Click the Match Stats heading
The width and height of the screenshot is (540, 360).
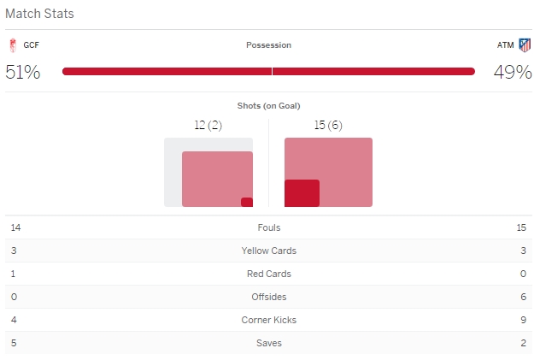(x=39, y=14)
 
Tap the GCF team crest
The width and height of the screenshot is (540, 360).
(x=12, y=45)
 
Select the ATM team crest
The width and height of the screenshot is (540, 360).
(x=525, y=45)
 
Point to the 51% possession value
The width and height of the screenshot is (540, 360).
(x=23, y=72)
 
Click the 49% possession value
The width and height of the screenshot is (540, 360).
(x=513, y=72)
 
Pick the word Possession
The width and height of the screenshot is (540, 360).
(x=268, y=45)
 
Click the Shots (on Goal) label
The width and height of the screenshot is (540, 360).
(x=268, y=105)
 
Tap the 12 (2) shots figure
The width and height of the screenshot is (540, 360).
(x=208, y=126)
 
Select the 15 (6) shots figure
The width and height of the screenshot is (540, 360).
(x=328, y=126)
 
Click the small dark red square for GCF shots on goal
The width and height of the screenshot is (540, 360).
(x=247, y=202)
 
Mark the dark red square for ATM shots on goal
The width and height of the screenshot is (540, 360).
(x=302, y=193)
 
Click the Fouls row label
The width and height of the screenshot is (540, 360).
(x=268, y=227)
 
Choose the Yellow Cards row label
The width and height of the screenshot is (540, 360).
(x=268, y=251)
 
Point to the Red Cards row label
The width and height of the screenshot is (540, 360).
(x=268, y=274)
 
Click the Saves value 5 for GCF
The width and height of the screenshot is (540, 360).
(x=13, y=343)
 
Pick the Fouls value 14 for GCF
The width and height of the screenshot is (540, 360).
(x=15, y=227)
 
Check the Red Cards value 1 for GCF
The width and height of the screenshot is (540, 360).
(x=13, y=274)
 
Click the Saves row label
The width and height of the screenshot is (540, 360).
(x=268, y=343)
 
